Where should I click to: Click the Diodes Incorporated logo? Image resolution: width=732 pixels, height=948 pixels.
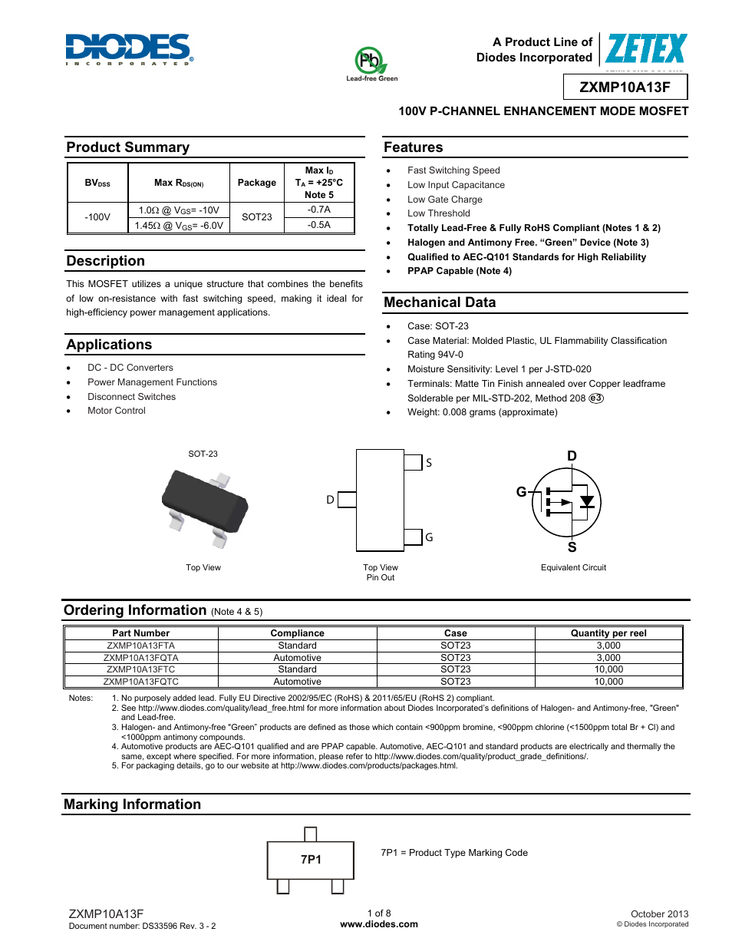tap(128, 48)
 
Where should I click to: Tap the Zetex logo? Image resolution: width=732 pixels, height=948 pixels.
tap(646, 49)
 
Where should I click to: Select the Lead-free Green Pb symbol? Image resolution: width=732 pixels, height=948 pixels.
tap(370, 60)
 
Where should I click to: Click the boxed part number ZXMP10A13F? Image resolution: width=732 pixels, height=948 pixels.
tap(625, 87)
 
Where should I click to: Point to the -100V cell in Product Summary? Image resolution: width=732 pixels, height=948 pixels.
tap(97, 217)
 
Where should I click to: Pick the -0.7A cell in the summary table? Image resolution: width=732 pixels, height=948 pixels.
tap(319, 210)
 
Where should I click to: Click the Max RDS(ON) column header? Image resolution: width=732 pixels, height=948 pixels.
tap(179, 183)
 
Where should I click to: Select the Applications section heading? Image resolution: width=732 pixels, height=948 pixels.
tap(109, 345)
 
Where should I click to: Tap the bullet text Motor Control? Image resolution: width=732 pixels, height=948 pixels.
tap(117, 411)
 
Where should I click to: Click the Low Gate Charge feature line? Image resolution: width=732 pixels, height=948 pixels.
tap(445, 200)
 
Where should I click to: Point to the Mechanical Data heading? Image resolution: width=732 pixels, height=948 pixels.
tap(440, 302)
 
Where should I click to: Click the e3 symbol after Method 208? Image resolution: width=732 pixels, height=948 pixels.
tap(596, 398)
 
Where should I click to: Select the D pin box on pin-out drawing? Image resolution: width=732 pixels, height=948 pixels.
tap(347, 500)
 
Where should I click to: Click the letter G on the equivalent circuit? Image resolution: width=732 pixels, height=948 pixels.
tap(522, 492)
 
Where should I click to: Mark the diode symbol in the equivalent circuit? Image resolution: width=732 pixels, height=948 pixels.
tap(587, 502)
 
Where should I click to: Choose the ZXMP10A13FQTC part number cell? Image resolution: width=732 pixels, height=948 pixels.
tap(141, 682)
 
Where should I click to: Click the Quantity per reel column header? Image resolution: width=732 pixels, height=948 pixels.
tap(608, 633)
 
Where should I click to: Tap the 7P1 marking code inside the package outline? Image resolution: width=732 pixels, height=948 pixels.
tap(311, 860)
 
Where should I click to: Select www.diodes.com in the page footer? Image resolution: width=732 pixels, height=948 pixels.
tap(379, 924)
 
